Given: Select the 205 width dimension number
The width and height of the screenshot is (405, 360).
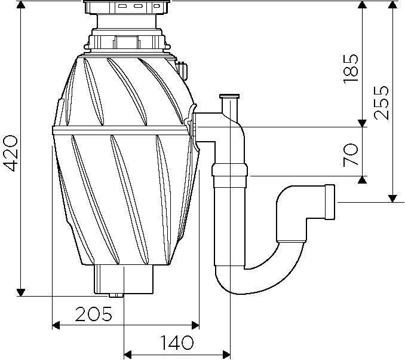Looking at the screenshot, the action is (x=94, y=314).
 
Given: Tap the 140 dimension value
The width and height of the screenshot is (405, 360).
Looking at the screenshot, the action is (x=177, y=342).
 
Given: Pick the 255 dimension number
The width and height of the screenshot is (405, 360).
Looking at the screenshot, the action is (x=381, y=102).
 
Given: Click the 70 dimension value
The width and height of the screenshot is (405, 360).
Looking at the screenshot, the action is (x=351, y=155).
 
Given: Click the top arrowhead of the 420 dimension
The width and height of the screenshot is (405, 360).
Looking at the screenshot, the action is (x=21, y=4).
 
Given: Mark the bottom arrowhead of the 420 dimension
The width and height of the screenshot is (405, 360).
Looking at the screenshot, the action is (x=21, y=292).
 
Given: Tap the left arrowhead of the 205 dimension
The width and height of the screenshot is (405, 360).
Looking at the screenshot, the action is (x=56, y=325).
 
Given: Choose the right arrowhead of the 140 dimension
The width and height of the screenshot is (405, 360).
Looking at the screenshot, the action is (x=226, y=354).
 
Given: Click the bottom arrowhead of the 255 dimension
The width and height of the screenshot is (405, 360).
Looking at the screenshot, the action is (x=392, y=199).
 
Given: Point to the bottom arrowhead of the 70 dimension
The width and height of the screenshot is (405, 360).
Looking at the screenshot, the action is (x=363, y=180).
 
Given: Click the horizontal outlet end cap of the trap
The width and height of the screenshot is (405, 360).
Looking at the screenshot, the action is (x=330, y=202).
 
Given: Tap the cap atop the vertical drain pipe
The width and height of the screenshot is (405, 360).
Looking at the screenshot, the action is (x=229, y=96).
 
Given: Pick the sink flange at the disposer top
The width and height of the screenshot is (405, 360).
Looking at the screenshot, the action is (x=127, y=7).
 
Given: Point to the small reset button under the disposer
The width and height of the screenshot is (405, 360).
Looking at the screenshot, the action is (x=116, y=295).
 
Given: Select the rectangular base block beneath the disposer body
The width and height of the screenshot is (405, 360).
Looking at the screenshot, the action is (x=124, y=279).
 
